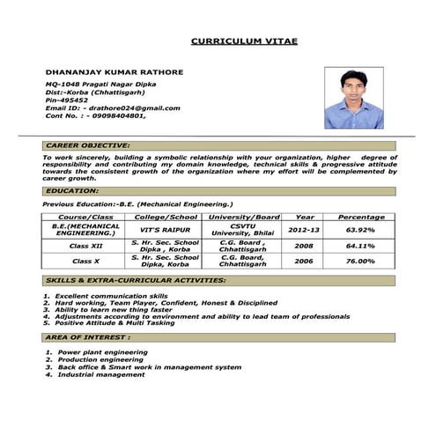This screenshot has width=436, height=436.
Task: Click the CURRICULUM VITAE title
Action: (x=244, y=41)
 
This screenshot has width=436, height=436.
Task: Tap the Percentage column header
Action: (x=361, y=217)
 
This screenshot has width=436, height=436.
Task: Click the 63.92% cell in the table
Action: (x=361, y=230)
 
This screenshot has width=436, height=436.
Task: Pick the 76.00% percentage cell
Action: (x=361, y=261)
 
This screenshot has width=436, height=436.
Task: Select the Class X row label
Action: (x=85, y=261)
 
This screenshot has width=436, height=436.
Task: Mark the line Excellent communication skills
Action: (x=110, y=296)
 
